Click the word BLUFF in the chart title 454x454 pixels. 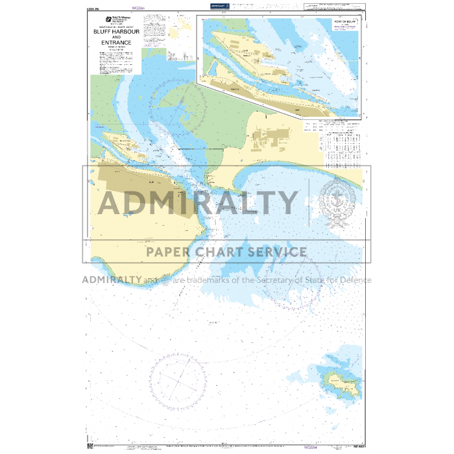coord(101,30)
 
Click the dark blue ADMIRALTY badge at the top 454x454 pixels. coord(219,5)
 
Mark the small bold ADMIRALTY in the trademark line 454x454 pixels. coord(112,280)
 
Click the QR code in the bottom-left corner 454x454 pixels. coord(90,446)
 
